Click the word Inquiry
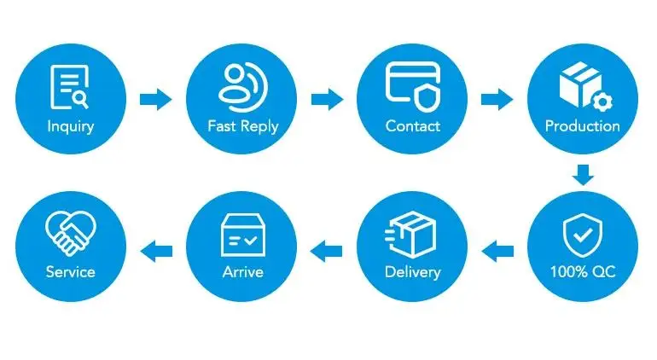click(x=71, y=127)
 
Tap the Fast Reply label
click(x=242, y=127)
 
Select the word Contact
click(x=413, y=126)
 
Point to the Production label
click(x=583, y=126)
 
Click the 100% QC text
click(x=583, y=273)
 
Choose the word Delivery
click(x=413, y=273)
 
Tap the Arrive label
click(x=242, y=273)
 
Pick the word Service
click(x=71, y=273)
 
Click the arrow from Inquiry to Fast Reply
click(x=156, y=100)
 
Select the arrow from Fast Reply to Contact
click(x=327, y=100)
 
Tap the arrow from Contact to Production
click(x=497, y=100)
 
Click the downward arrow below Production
click(x=583, y=175)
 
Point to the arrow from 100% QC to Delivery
click(x=497, y=251)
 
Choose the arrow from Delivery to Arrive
click(x=327, y=251)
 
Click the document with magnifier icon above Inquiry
click(x=71, y=85)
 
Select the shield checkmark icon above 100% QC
click(x=583, y=232)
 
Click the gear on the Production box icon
click(x=602, y=101)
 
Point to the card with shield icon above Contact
click(x=412, y=85)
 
